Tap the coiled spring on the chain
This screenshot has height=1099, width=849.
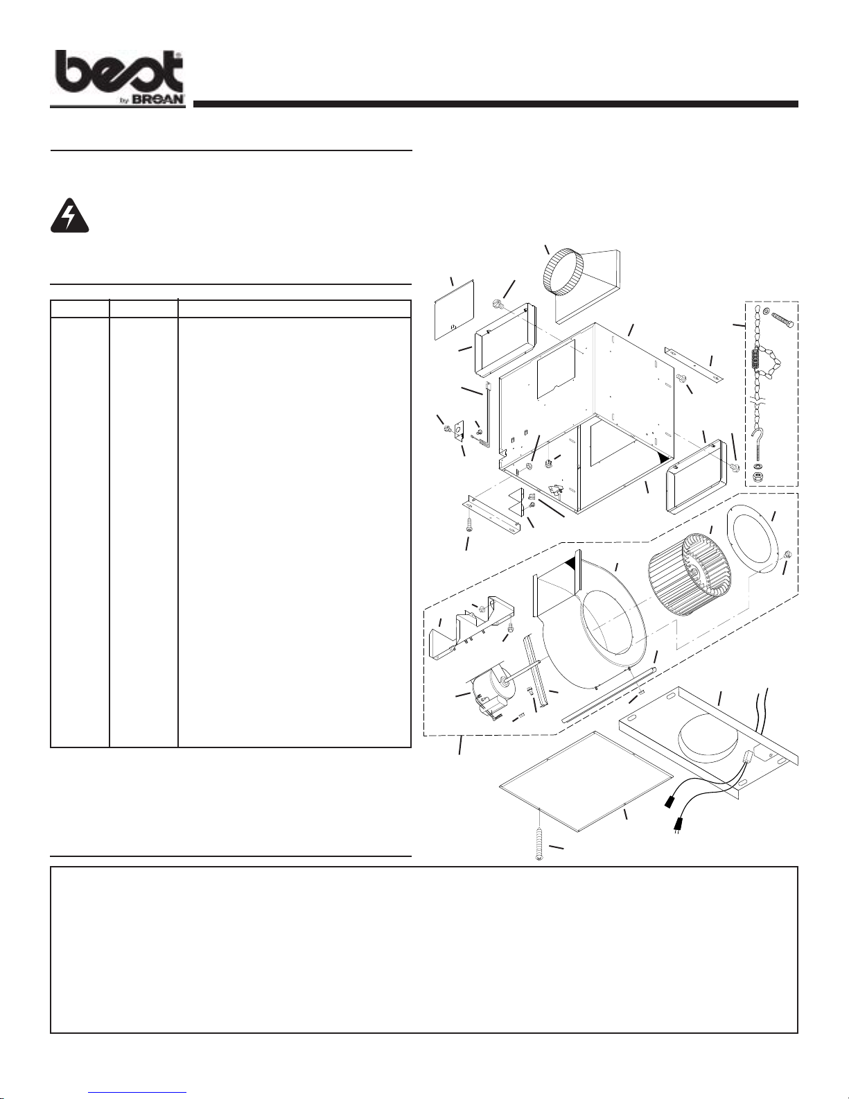(x=757, y=361)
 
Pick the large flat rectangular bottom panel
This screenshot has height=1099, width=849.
(x=586, y=780)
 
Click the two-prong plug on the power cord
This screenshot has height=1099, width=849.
(x=679, y=826)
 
